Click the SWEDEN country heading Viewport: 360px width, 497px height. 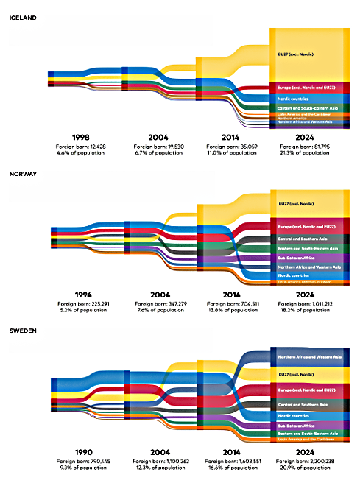click(x=22, y=331)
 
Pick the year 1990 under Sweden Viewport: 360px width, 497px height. click(x=82, y=451)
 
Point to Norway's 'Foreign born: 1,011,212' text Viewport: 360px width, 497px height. click(x=305, y=303)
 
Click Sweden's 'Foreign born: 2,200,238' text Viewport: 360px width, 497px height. click(x=305, y=460)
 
